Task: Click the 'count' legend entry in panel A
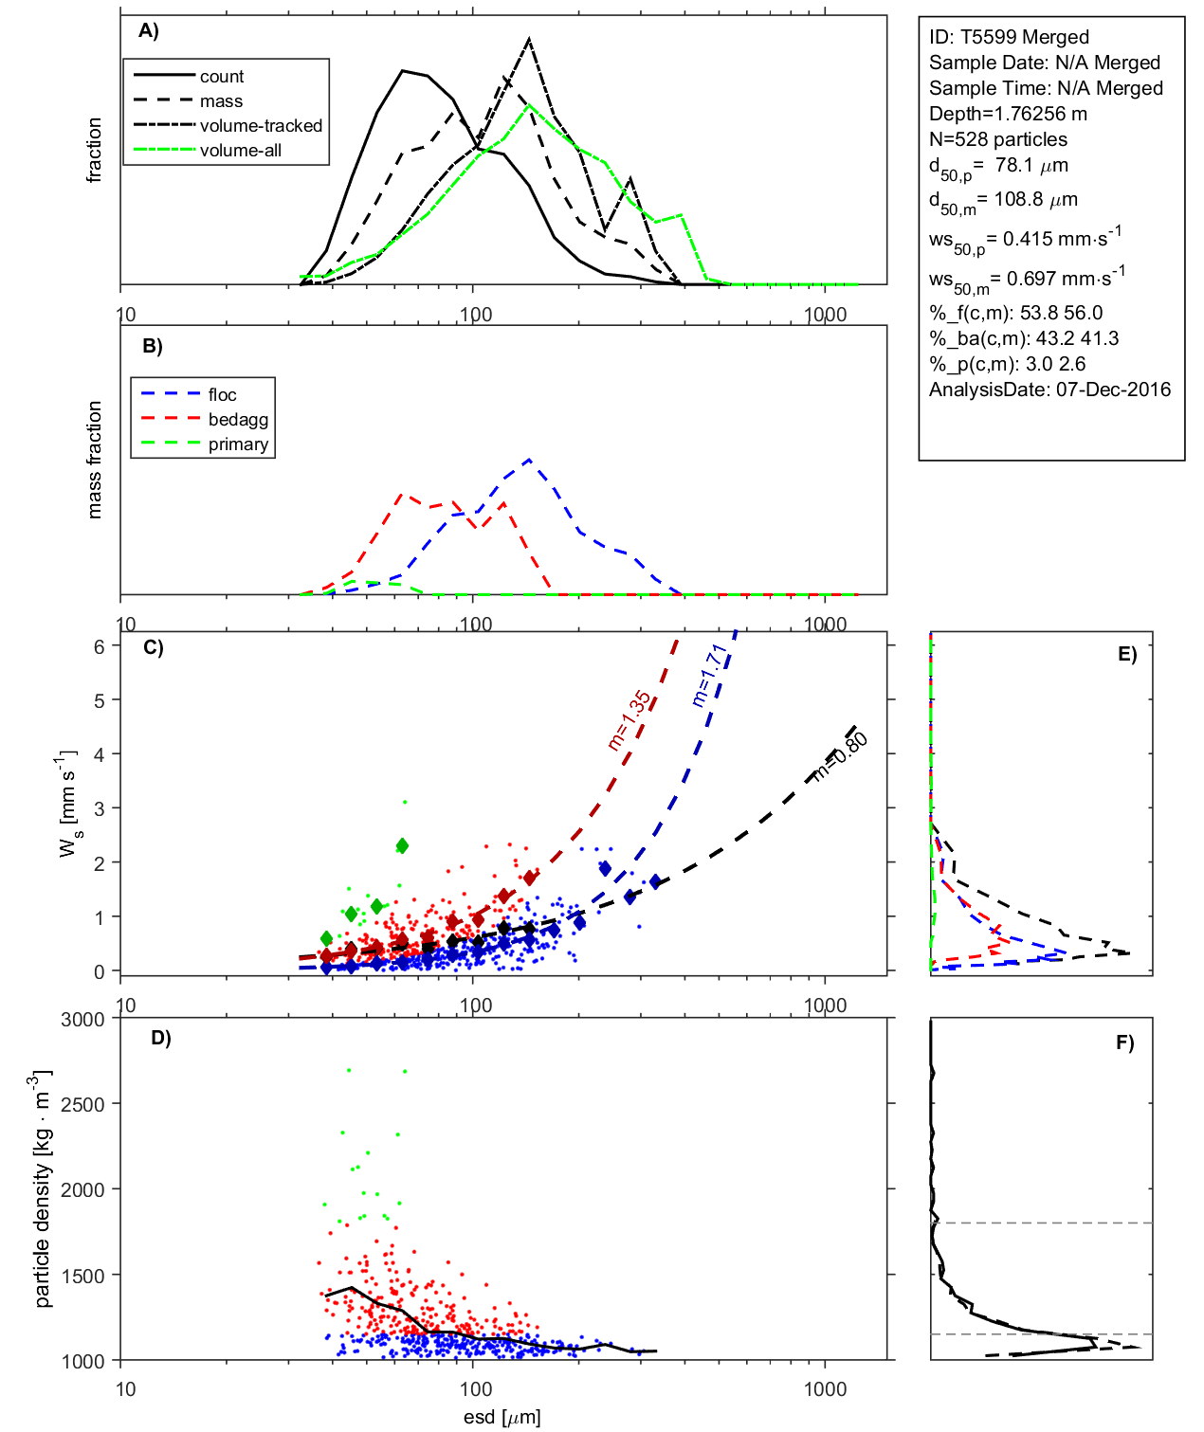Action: tap(221, 77)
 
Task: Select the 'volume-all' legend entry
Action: tap(240, 151)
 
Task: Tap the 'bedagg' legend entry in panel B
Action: tap(238, 420)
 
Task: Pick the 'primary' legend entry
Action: tap(238, 444)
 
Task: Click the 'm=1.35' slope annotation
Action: tap(629, 720)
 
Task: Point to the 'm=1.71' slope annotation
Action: tap(709, 675)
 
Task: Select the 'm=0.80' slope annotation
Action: tap(840, 756)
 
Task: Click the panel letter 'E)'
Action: tap(1126, 654)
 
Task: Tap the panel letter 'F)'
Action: tap(1124, 1043)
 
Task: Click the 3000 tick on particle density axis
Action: tap(82, 1020)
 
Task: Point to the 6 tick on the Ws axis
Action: tap(99, 646)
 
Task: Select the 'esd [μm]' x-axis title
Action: tap(502, 1418)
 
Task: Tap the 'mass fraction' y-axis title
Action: tap(94, 460)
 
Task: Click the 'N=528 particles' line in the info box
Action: tap(997, 139)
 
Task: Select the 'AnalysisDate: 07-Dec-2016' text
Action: tap(1049, 390)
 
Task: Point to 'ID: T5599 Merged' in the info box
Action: tap(1009, 37)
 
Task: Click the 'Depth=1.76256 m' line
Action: tap(1008, 114)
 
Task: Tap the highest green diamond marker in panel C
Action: tap(402, 845)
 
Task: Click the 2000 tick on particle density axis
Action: tap(82, 1190)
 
